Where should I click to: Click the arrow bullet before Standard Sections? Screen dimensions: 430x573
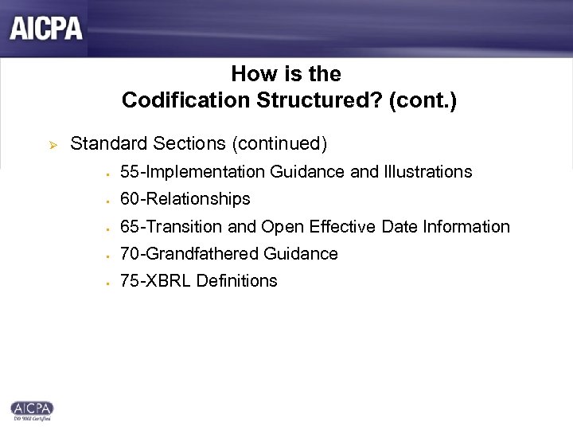[45, 144]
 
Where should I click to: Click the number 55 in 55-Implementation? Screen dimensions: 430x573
[129, 172]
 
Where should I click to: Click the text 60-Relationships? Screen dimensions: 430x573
[185, 199]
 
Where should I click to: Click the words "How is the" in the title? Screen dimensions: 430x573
[286, 75]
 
